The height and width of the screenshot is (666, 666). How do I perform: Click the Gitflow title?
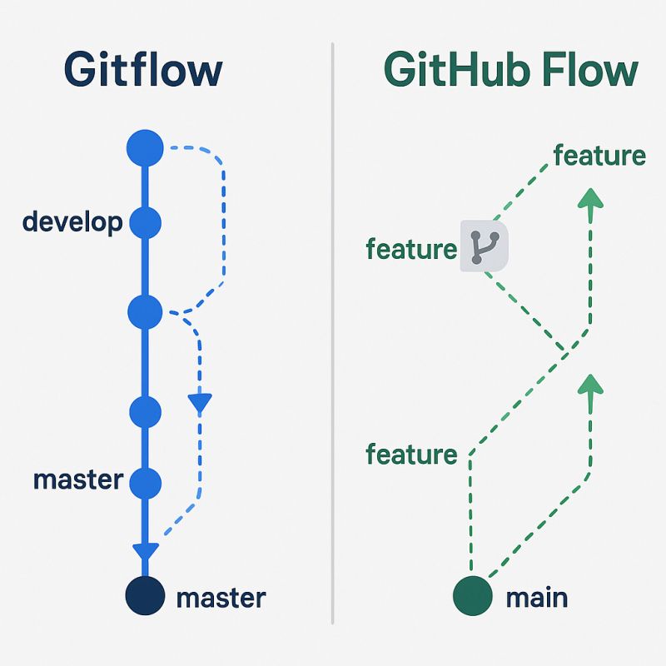[143, 70]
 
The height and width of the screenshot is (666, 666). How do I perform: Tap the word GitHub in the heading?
[449, 70]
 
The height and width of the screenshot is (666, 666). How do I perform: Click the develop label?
[72, 222]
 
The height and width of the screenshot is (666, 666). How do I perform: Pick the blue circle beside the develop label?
[145, 222]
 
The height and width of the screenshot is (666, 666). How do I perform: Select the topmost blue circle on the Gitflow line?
[145, 148]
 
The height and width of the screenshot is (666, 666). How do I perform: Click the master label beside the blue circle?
[78, 480]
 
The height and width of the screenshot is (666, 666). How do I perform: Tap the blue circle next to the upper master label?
[145, 481]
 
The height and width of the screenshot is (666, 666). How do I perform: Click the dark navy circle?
[145, 596]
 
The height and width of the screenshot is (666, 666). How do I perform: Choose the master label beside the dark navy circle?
[221, 597]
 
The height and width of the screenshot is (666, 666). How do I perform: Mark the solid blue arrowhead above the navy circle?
[145, 551]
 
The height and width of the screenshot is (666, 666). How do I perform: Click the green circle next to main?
[473, 596]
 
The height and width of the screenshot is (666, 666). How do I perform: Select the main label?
[536, 597]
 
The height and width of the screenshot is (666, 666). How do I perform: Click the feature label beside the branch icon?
[411, 249]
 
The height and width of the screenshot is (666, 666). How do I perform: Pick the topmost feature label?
[599, 155]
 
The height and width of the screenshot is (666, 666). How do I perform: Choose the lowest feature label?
[411, 455]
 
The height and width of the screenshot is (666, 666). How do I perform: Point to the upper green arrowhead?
[589, 200]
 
